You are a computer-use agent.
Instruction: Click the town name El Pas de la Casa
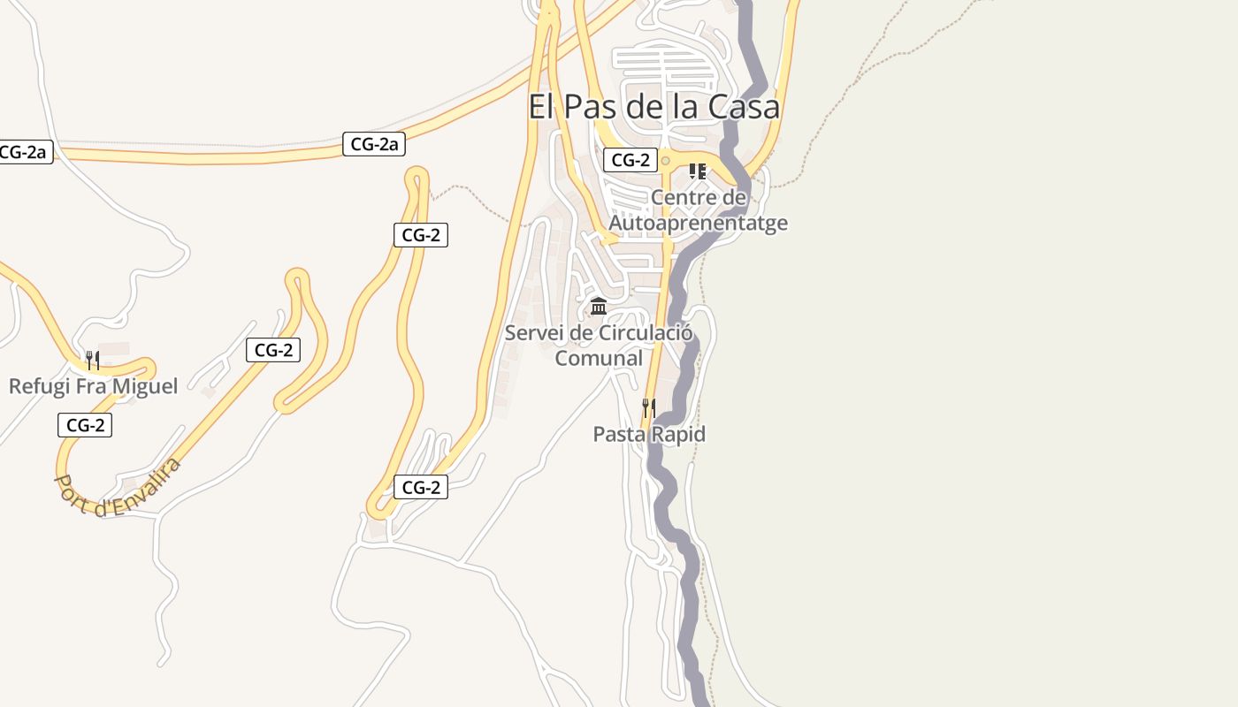click(653, 107)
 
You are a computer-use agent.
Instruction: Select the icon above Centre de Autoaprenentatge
click(698, 171)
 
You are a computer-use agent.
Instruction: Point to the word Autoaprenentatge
click(698, 223)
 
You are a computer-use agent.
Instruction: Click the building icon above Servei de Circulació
click(599, 307)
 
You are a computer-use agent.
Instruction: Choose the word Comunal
click(599, 358)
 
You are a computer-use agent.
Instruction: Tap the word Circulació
click(646, 333)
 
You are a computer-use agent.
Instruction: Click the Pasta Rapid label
click(649, 434)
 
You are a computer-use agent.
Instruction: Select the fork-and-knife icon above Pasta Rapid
click(649, 407)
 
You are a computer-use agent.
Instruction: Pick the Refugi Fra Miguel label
click(93, 386)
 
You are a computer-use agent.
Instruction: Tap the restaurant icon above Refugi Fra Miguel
click(92, 360)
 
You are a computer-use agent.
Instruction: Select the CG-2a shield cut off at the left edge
click(24, 152)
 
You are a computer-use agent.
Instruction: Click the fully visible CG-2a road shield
click(373, 144)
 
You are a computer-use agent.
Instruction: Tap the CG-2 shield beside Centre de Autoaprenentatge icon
click(630, 160)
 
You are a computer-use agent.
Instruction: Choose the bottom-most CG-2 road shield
click(421, 487)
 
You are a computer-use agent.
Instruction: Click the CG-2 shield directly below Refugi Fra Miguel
click(85, 425)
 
